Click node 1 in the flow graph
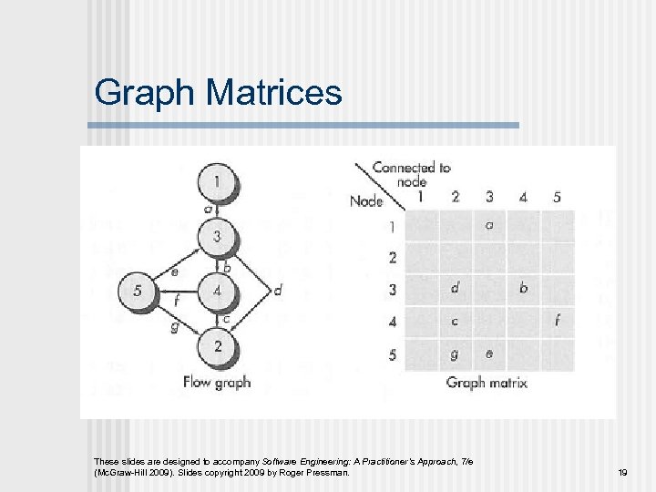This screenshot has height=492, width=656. point(216,182)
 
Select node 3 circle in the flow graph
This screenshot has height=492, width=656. point(216,237)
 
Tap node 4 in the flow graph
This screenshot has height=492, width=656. point(216,292)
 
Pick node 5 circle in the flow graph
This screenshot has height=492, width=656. point(138,292)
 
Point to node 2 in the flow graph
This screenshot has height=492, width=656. point(216,347)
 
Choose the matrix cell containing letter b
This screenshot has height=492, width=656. point(523,289)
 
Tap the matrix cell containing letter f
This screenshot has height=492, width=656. point(557,321)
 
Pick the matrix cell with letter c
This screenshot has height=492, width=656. point(455,321)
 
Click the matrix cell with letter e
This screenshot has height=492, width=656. point(488,354)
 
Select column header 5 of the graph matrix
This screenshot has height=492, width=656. point(557,196)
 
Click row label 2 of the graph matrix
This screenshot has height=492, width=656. point(393,258)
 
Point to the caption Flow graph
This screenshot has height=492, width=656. point(216,382)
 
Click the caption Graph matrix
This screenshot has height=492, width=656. point(487,383)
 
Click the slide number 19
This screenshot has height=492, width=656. point(623,473)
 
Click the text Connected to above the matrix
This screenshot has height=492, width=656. point(411,168)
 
